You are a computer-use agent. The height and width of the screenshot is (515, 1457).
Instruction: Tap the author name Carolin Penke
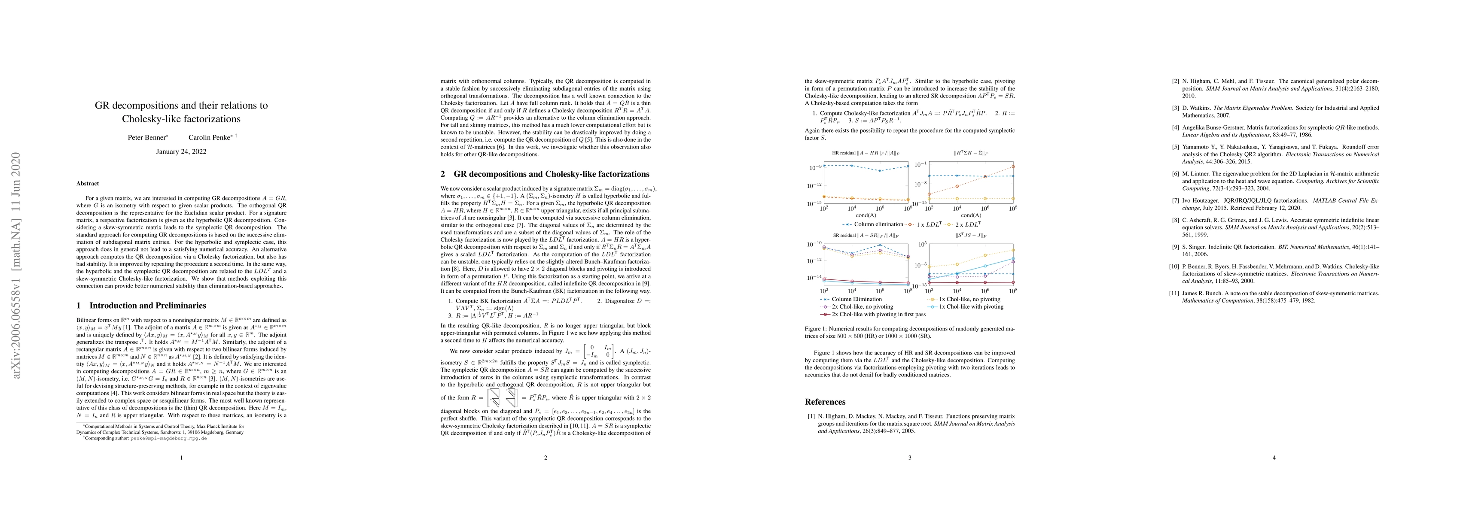coord(207,137)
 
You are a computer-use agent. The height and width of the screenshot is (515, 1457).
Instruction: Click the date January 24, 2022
coord(181,151)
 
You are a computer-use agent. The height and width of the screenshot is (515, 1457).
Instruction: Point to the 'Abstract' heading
coord(88,183)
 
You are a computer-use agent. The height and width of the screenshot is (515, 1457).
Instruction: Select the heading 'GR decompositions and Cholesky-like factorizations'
coord(552,174)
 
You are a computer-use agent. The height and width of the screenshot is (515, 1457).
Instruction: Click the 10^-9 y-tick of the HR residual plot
coord(815,168)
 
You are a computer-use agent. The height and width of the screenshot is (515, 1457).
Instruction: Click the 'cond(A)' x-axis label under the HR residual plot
coord(866,215)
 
